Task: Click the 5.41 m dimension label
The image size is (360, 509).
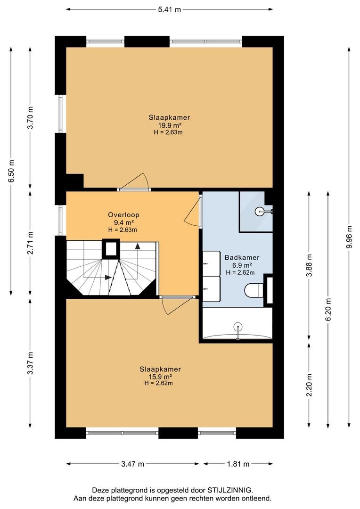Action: [169, 9]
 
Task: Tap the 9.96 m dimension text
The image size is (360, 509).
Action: [349, 237]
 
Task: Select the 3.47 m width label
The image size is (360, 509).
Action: [132, 464]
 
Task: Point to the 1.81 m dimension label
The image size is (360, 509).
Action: [238, 464]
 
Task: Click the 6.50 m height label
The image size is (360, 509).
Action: [11, 172]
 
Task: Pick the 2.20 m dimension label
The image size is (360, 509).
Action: [309, 385]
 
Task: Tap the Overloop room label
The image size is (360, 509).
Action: [123, 214]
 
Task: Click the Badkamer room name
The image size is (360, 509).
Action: [242, 257]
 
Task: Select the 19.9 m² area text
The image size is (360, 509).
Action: [169, 125]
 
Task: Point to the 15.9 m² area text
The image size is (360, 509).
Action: [160, 377]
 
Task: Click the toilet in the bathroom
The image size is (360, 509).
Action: [254, 290]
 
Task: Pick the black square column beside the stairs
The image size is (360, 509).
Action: [111, 249]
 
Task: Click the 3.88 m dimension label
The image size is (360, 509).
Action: [309, 265]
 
